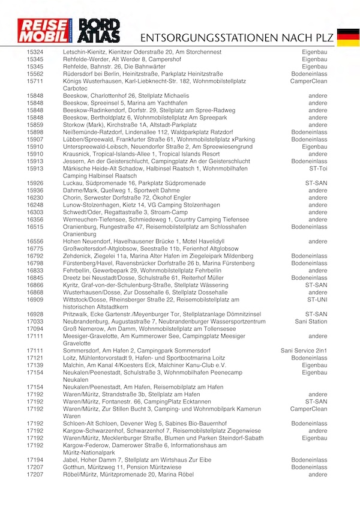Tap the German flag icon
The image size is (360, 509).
click(x=348, y=37)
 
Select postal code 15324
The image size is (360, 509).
click(x=35, y=53)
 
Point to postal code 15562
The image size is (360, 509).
click(x=35, y=74)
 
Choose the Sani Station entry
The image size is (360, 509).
click(x=310, y=322)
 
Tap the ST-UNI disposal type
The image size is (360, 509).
click(x=316, y=299)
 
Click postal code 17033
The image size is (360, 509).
click(x=35, y=322)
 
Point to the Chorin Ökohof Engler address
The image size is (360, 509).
click(x=127, y=197)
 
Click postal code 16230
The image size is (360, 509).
click(x=35, y=197)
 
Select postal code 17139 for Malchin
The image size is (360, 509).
click(x=35, y=364)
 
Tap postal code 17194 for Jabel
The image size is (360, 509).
click(x=35, y=460)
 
